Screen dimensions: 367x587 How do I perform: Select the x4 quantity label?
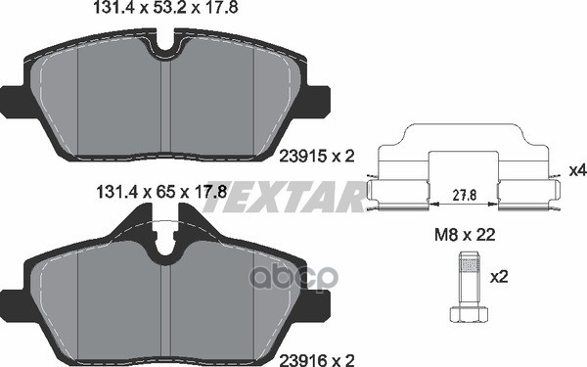tap(576, 170)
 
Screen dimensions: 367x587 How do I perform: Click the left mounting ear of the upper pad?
tap(13, 99)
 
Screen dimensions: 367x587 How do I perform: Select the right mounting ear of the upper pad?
tap(318, 99)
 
